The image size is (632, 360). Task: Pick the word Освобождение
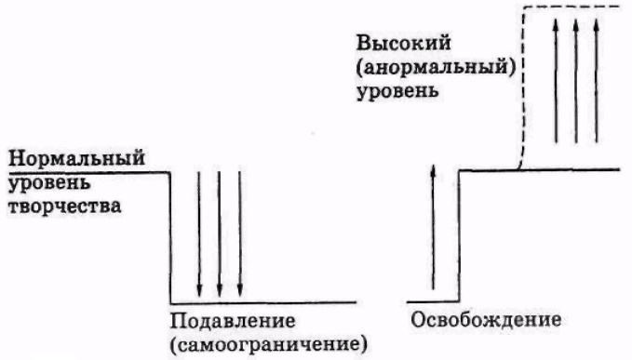click(484, 320)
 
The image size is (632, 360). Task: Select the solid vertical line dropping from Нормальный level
click(170, 237)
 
